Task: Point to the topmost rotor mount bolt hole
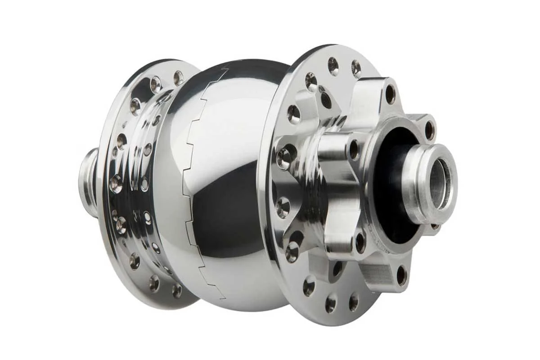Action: (390, 94)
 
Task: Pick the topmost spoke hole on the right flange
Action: (333, 66)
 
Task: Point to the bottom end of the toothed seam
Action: (224, 297)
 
